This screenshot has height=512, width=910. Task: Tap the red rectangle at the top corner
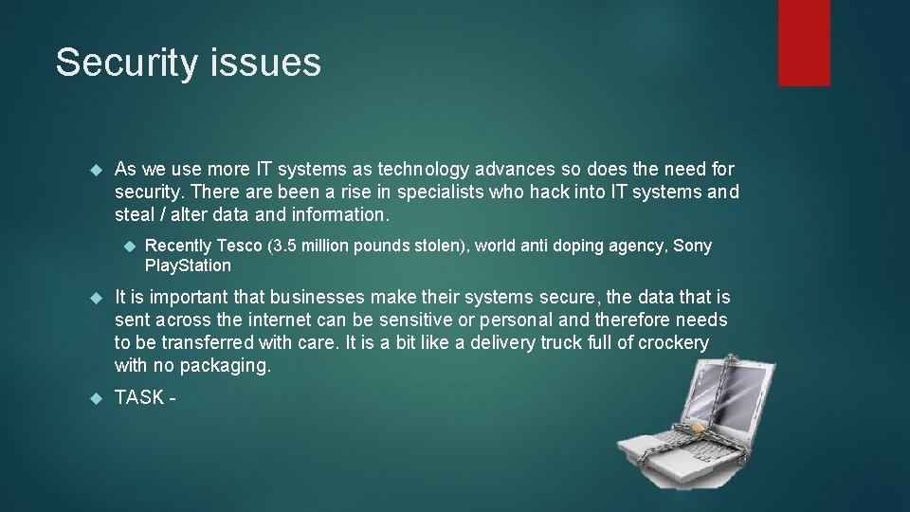coord(804,43)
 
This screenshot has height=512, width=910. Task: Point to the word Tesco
coord(239,246)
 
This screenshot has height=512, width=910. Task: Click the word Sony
coord(692,246)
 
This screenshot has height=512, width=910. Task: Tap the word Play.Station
coord(188,265)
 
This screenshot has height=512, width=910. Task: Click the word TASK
coord(138,397)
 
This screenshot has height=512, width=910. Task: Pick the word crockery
coord(672,342)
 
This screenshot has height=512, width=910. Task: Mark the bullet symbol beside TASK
coord(94,398)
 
